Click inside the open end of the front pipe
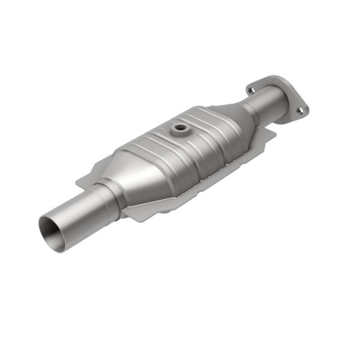(x=53, y=230)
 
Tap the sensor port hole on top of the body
(x=179, y=128)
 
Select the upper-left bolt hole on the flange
(x=251, y=90)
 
